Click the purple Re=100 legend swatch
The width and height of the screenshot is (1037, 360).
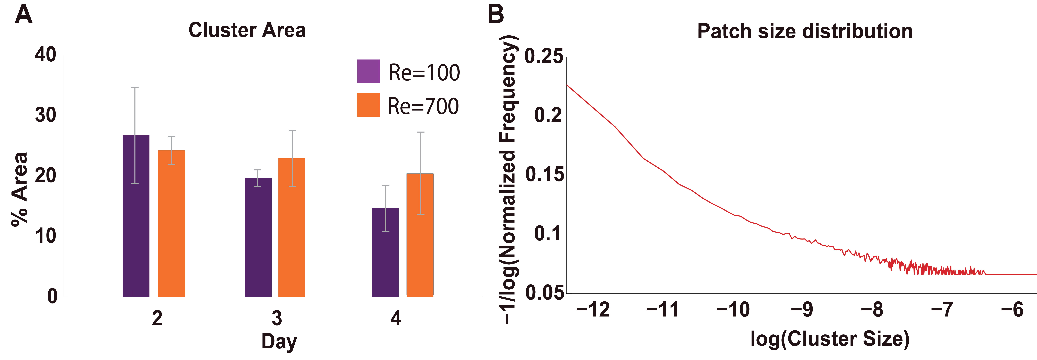point(368,71)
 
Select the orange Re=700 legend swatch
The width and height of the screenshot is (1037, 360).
point(368,105)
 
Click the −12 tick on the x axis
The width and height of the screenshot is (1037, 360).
point(593,310)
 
